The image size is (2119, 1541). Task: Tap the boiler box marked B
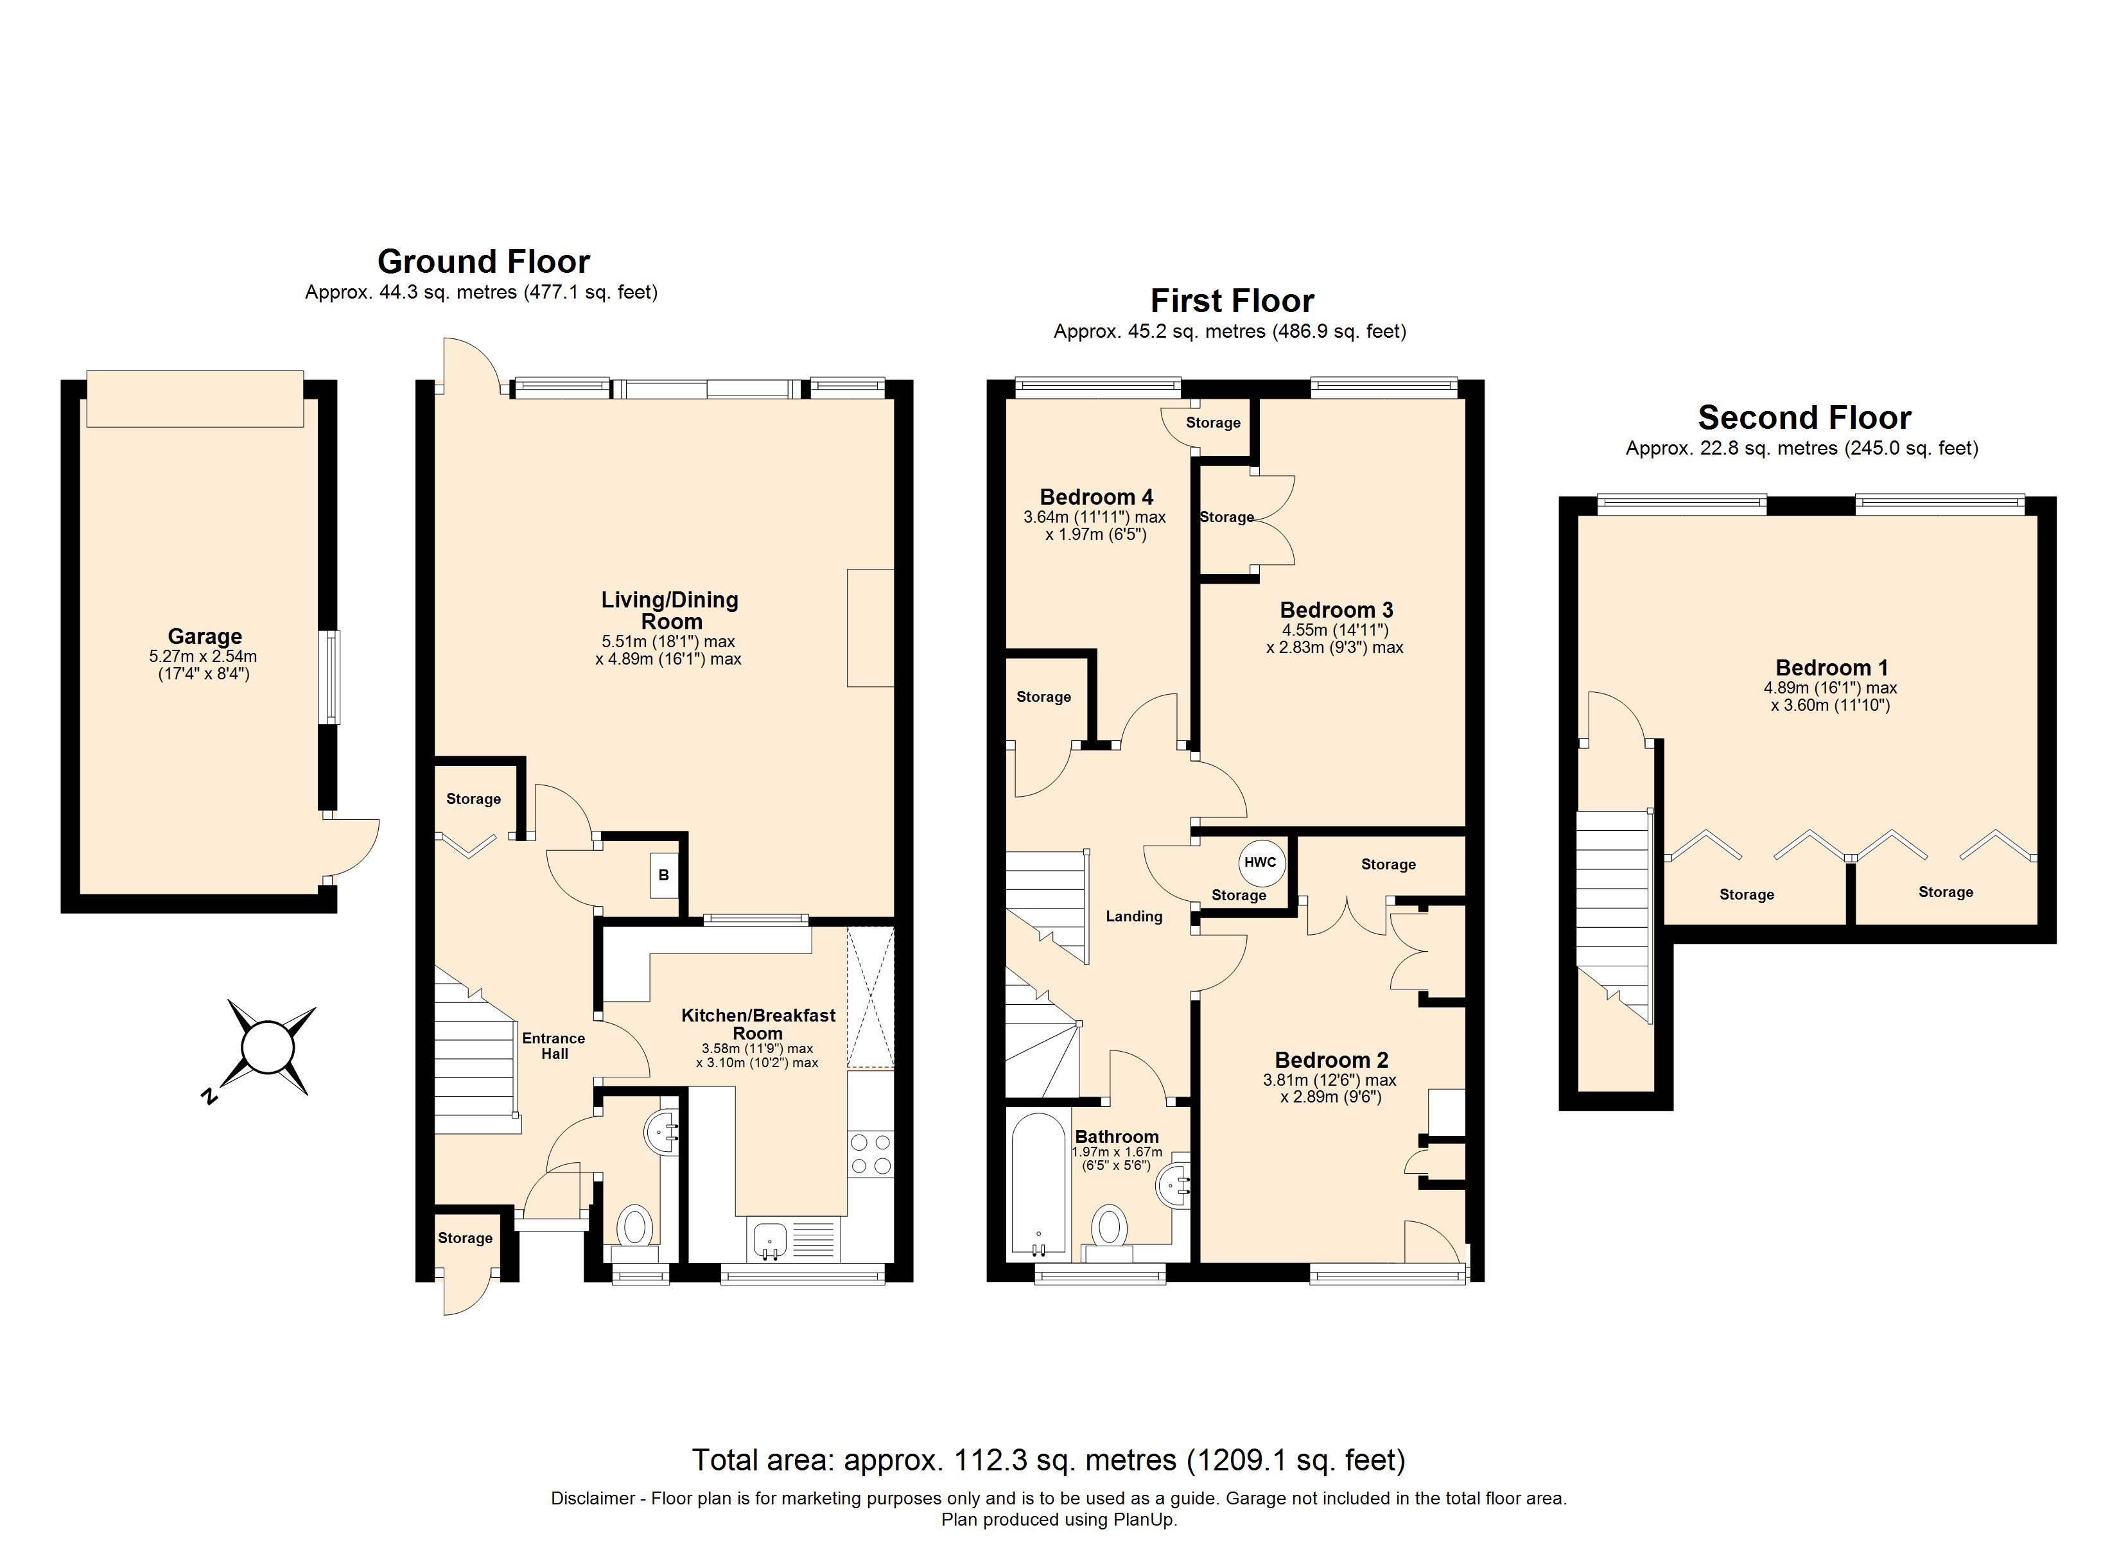[x=663, y=875]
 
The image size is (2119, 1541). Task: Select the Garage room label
[x=205, y=636]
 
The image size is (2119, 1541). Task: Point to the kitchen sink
[x=770, y=1239]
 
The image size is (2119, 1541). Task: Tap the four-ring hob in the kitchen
[x=870, y=1153]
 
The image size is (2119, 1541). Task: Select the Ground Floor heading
[x=483, y=261]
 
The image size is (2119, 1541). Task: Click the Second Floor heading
[x=1804, y=417]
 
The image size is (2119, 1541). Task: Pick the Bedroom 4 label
[x=1096, y=496]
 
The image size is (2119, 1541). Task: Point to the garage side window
[x=329, y=677]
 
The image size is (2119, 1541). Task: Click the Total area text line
[x=1049, y=1459]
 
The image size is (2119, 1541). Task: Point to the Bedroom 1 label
[x=1831, y=667]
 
